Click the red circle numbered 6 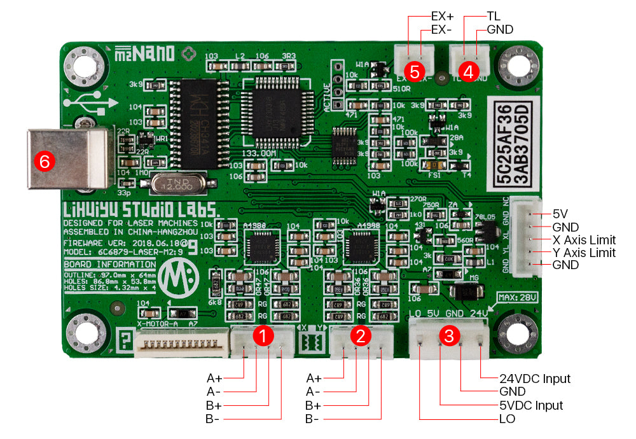pyautogui.click(x=45, y=162)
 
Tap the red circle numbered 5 pyautogui.click(x=415, y=72)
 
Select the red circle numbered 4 pyautogui.click(x=469, y=72)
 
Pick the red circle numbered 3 pyautogui.click(x=449, y=337)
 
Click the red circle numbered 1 pyautogui.click(x=263, y=336)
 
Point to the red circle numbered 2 pyautogui.click(x=361, y=336)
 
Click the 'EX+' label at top pyautogui.click(x=442, y=17)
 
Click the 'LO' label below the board pyautogui.click(x=507, y=419)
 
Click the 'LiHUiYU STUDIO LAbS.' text pyautogui.click(x=141, y=211)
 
